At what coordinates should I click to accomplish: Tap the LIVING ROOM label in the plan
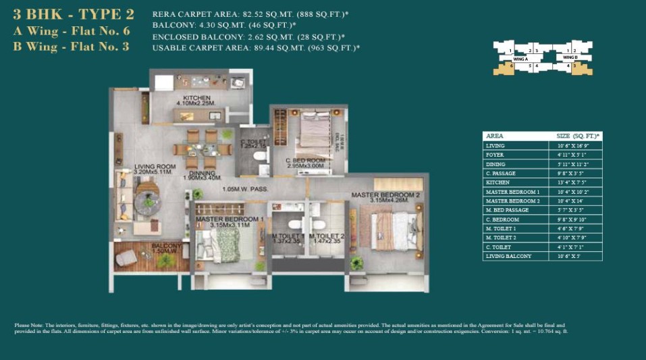point(155,166)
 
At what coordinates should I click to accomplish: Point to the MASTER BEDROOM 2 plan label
point(385,195)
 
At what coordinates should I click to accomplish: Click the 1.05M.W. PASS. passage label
point(242,190)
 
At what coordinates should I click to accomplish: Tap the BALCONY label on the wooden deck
point(167,246)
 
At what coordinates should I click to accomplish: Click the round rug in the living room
point(147,201)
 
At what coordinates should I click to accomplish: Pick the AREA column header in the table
point(495,136)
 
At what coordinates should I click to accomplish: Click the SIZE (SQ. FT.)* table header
point(573,136)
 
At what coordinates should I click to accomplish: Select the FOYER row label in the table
point(495,155)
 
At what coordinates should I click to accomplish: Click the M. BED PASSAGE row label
point(507,210)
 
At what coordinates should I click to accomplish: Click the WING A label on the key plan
point(520,59)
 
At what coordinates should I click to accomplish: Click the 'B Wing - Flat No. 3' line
point(71,47)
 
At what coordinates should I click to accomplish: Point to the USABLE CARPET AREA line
point(256,48)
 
